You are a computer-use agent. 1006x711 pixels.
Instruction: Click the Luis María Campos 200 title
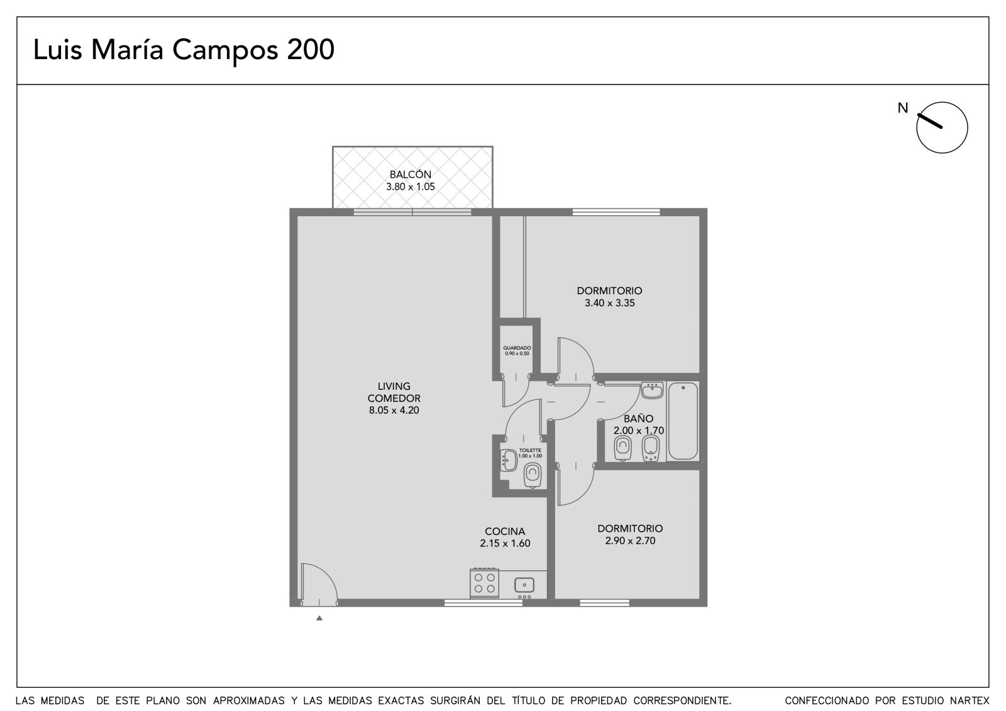click(184, 50)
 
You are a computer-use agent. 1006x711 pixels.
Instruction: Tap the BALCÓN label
click(411, 174)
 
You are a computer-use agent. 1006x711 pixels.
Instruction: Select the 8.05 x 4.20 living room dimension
click(394, 410)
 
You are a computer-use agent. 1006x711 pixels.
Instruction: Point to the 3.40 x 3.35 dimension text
click(609, 303)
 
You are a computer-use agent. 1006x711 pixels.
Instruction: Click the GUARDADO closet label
click(517, 348)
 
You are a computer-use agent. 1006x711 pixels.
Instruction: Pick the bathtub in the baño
click(683, 421)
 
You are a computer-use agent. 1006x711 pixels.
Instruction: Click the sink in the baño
click(652, 390)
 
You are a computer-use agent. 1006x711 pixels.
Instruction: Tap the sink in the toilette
click(509, 460)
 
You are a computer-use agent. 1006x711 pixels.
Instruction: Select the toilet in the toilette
click(532, 475)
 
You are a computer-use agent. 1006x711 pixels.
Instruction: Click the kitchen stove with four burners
click(485, 583)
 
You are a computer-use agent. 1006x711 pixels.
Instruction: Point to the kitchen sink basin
click(524, 585)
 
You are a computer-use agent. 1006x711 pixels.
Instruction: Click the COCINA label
click(505, 531)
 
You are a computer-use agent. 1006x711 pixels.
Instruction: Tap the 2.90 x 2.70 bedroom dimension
click(630, 541)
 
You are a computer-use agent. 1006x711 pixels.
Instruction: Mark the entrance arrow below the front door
click(319, 618)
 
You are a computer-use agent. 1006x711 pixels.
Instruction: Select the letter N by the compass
click(903, 108)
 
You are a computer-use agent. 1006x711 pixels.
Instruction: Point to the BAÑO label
click(638, 418)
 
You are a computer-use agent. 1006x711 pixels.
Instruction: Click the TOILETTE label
click(530, 450)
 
